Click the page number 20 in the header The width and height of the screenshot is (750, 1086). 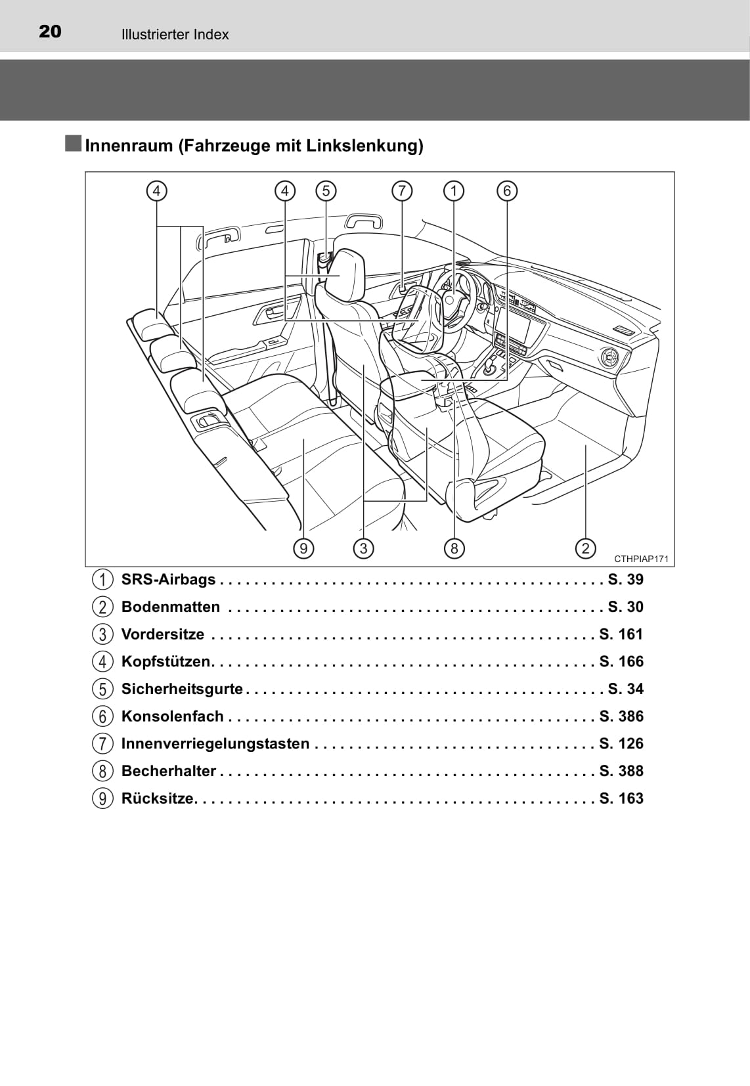[50, 32]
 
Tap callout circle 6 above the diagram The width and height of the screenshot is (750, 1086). [507, 191]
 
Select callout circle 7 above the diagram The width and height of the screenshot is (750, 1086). [402, 191]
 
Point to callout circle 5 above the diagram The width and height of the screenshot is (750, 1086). [326, 191]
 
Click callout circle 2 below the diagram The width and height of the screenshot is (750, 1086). [585, 548]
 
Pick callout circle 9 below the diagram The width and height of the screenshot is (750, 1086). [303, 548]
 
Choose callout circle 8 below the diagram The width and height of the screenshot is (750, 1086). [454, 548]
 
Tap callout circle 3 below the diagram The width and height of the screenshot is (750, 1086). [364, 548]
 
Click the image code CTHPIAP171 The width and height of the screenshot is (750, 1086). [641, 559]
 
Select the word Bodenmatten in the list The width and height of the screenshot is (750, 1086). [171, 607]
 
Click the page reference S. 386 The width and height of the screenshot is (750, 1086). [621, 716]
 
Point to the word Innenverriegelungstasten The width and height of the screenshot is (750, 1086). [215, 743]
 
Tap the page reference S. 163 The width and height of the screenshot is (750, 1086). [621, 798]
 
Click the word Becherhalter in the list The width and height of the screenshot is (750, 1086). [169, 771]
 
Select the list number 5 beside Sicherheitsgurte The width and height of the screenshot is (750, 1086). [102, 689]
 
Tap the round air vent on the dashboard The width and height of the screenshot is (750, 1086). [608, 358]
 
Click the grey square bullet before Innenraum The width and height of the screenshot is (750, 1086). [73, 144]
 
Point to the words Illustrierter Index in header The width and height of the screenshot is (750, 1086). [175, 34]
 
